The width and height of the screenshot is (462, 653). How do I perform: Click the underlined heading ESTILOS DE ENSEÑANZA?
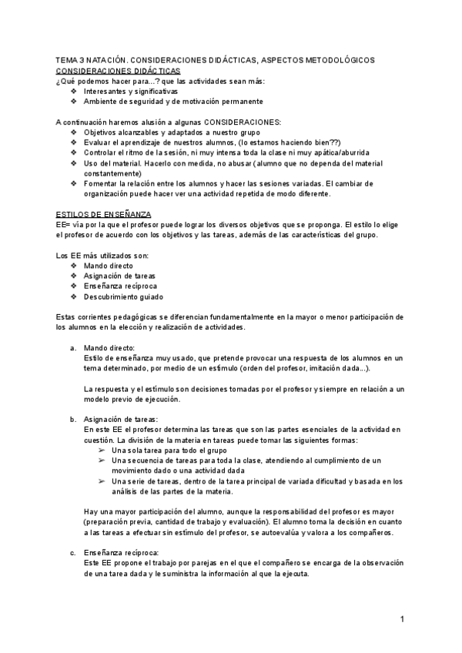point(104,212)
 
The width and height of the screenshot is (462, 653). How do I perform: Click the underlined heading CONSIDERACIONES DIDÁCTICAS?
point(119,69)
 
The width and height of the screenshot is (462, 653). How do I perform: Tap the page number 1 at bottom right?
point(403,620)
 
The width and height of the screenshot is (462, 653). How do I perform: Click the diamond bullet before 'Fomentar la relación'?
point(73,183)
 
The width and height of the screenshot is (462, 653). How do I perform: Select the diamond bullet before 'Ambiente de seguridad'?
point(73,101)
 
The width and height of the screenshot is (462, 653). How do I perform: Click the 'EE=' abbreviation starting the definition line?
point(64,223)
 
